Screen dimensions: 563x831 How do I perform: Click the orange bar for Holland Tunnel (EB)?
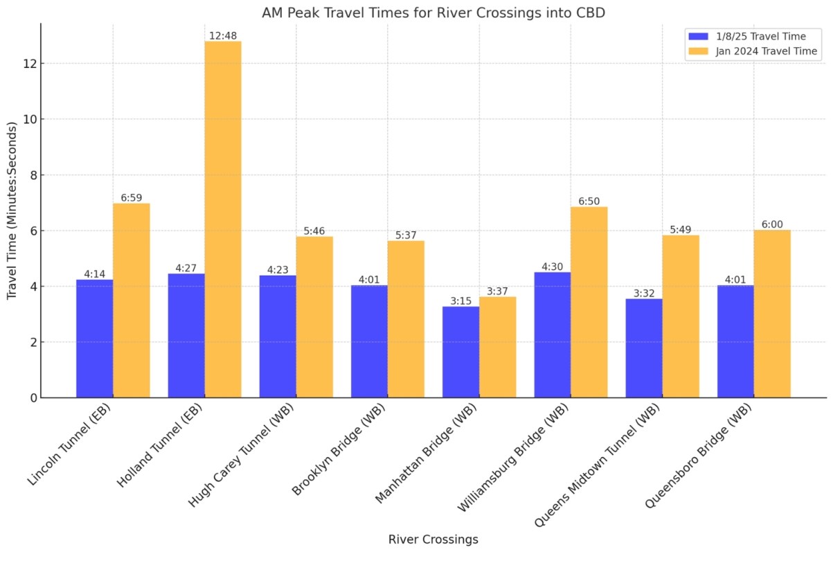tap(223, 222)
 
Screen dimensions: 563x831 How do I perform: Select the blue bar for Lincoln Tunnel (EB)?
tap(94, 339)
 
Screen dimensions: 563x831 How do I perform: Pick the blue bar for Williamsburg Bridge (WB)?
tap(552, 336)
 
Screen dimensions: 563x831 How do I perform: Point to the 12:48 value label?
tap(223, 35)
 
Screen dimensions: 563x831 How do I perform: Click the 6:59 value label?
tap(132, 197)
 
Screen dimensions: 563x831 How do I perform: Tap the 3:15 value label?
tap(461, 301)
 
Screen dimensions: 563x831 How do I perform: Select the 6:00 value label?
tap(772, 224)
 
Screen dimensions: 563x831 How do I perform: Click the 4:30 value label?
tap(553, 267)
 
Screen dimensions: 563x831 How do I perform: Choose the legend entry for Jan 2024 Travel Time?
tap(751, 51)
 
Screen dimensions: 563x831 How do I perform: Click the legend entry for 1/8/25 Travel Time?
tap(751, 35)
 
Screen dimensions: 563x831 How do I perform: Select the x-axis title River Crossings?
tap(433, 539)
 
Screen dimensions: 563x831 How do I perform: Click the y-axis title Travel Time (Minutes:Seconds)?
tap(12, 211)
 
